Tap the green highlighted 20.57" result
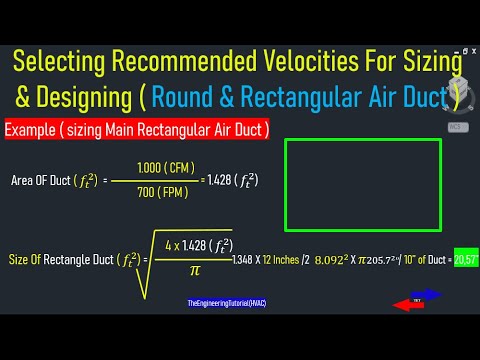pos(465,258)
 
